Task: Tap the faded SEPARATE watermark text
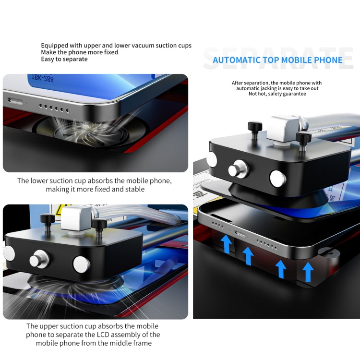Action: click(278, 57)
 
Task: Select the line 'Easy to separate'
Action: click(64, 59)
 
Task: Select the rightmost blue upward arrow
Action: click(308, 271)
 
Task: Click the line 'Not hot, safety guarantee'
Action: click(276, 94)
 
